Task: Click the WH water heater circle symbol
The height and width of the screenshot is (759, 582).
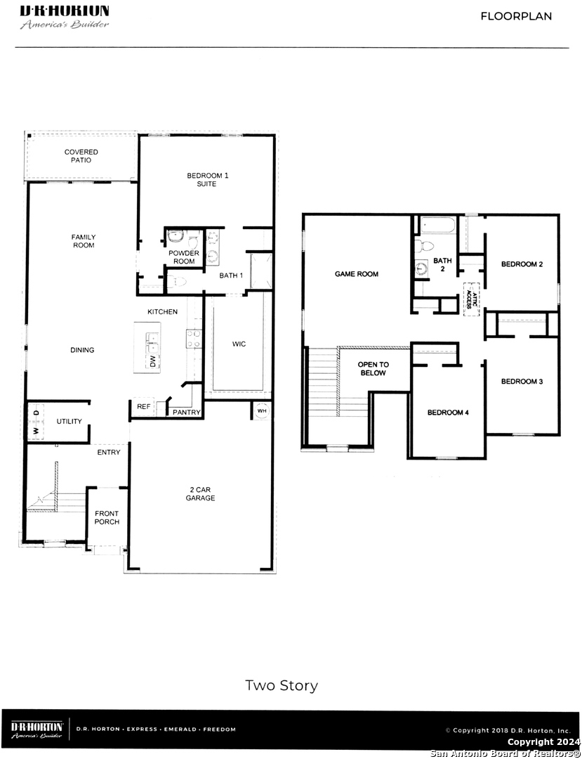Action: pos(262,411)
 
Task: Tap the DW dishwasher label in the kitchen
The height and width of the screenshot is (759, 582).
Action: pos(153,361)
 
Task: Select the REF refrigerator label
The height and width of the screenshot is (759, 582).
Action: pos(143,407)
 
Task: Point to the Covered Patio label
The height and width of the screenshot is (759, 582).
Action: pos(81,156)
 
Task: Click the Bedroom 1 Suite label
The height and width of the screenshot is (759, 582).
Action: pos(207,180)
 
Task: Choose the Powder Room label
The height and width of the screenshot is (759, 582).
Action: pos(184,257)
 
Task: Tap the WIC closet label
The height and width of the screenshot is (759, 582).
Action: pos(239,344)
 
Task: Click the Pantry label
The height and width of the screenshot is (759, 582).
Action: pos(187,413)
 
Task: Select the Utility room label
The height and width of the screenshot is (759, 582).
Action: pos(69,422)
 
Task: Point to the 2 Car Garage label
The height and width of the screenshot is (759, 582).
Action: pos(201,494)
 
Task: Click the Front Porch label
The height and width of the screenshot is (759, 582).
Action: pos(107,517)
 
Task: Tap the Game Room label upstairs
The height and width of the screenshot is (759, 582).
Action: pos(357,274)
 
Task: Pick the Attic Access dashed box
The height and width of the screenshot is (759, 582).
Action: pos(472,299)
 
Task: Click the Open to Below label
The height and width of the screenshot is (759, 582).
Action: pos(373,369)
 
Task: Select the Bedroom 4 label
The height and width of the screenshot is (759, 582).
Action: pos(448,413)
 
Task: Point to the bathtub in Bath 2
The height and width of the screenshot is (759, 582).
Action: pos(438,226)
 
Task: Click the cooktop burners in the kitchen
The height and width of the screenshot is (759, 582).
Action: pos(194,338)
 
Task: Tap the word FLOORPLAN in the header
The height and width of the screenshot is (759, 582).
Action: pos(516,16)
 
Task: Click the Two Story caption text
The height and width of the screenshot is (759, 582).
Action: pos(282,686)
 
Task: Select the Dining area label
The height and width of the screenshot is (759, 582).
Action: pos(82,350)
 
